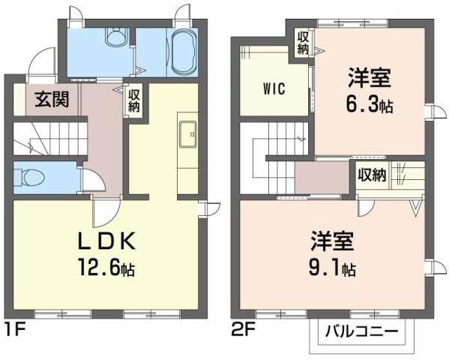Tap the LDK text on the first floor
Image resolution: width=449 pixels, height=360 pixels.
[x=106, y=241]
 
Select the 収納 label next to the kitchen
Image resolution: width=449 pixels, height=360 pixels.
[x=134, y=100]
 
